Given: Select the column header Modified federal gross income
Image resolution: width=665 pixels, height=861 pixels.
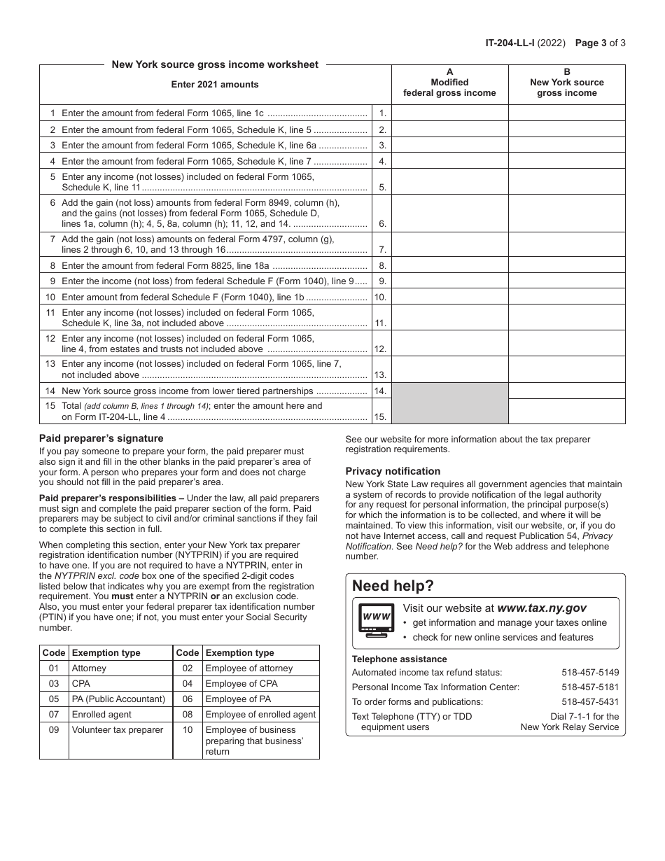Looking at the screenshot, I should coord(449,87).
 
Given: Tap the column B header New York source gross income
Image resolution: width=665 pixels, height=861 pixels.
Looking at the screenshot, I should coord(566,83).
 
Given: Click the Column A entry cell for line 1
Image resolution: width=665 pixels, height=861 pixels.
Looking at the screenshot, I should coord(449,113).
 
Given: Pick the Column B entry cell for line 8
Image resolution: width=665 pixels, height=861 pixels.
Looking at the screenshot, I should coord(566,266).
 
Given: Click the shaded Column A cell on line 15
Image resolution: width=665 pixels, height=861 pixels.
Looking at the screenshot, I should coord(449,412).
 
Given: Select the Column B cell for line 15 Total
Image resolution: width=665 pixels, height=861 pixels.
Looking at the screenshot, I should coord(566,412).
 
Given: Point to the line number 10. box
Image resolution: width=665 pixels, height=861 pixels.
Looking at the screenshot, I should coord(381,297).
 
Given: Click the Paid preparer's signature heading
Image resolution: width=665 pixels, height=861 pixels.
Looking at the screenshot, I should coord(101,438).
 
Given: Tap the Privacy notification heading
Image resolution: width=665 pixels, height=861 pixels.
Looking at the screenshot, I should coord(393,471).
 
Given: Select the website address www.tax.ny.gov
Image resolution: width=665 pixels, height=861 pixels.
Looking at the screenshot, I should coord(541,608).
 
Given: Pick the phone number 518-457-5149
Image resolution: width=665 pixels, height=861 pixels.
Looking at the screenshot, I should coord(590,672).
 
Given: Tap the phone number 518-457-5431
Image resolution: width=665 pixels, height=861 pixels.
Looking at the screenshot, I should coord(590,701).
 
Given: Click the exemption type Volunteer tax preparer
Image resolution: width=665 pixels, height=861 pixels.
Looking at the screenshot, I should coord(117,729).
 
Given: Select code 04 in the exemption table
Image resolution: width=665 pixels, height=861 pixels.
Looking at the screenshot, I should coord(187,683).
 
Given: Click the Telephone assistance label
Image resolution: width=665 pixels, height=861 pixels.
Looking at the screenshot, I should coord(399,659).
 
